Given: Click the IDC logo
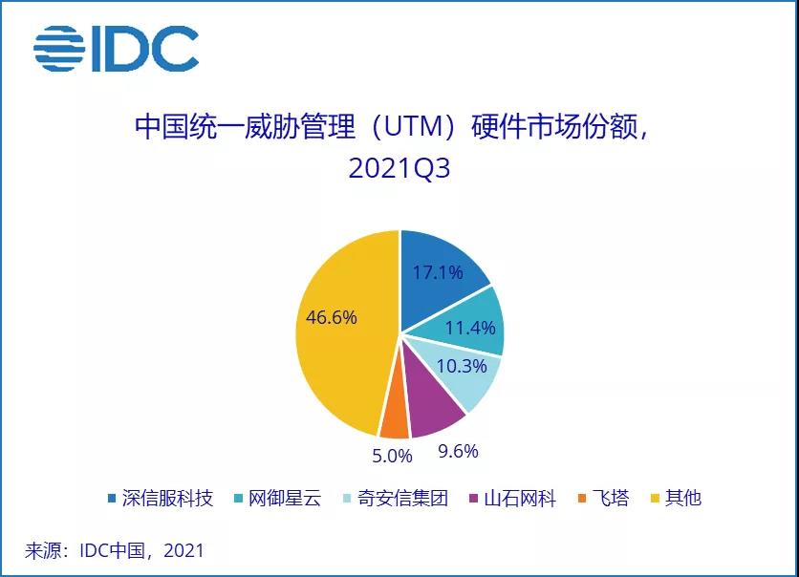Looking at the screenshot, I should (116, 46).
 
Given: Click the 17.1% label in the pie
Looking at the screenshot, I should (437, 272).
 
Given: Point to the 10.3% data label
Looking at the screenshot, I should (461, 366).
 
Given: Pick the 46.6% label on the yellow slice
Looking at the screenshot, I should (332, 317).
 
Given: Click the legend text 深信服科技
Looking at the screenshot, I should (166, 498).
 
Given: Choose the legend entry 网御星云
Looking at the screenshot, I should (285, 498).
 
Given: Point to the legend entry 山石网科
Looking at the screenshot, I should (519, 498).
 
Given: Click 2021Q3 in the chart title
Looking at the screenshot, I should (399, 169).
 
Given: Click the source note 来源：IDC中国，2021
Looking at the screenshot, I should (115, 550).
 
